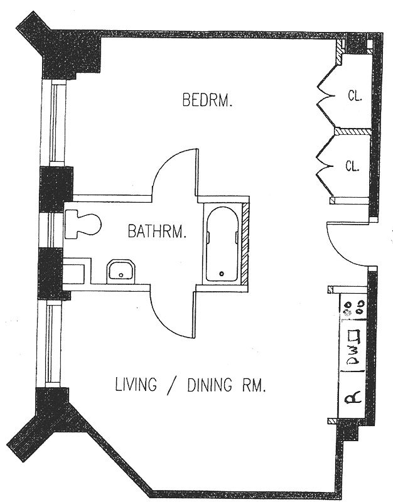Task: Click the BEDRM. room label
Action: point(208,100)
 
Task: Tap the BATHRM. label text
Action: point(158,232)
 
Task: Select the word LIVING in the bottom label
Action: point(135,384)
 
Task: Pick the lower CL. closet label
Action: point(353,166)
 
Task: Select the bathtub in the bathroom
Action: point(222,243)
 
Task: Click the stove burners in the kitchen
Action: point(352,307)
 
